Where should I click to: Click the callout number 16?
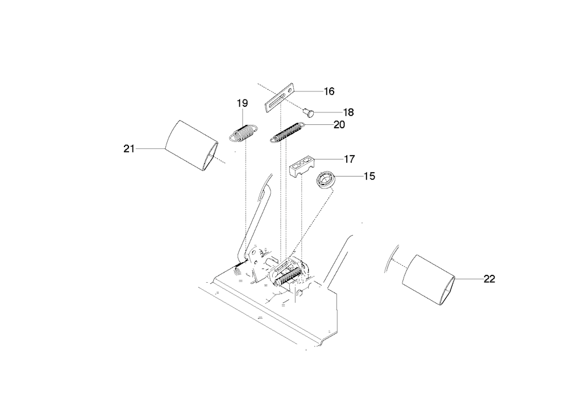(329, 91)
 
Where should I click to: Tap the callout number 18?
(348, 112)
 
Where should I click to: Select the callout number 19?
(242, 103)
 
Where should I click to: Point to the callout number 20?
(339, 124)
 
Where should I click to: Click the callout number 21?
(129, 149)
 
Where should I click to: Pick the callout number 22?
(489, 279)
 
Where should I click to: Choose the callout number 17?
(350, 159)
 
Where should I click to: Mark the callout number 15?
(369, 176)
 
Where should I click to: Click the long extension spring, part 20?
(287, 132)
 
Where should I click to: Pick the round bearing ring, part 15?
(326, 180)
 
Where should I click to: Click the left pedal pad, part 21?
(192, 146)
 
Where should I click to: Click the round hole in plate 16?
(289, 89)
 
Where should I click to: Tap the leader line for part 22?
(469, 279)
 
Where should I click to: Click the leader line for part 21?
(150, 149)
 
